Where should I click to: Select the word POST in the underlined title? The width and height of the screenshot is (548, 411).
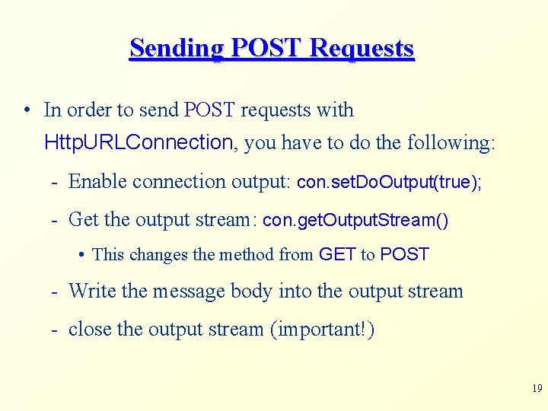pyautogui.click(x=267, y=48)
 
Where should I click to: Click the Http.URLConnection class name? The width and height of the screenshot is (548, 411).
pyautogui.click(x=139, y=142)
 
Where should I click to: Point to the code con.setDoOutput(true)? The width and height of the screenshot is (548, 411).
pyautogui.click(x=388, y=182)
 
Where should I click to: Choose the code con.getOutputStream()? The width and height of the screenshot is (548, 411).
pyautogui.click(x=355, y=221)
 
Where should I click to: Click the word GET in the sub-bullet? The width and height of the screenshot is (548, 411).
pyautogui.click(x=337, y=254)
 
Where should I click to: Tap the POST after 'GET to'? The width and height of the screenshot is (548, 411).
pyautogui.click(x=404, y=254)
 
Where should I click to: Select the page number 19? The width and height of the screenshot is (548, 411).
pyautogui.click(x=537, y=389)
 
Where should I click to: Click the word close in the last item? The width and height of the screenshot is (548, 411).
pyautogui.click(x=90, y=330)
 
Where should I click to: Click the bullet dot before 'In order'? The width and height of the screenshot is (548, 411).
pyautogui.click(x=27, y=110)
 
